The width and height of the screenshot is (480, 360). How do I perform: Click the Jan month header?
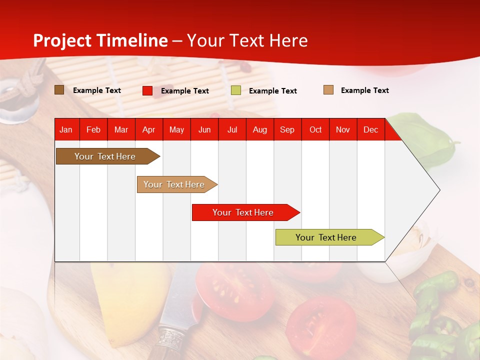[66, 129]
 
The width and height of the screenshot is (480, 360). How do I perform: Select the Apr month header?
[149, 129]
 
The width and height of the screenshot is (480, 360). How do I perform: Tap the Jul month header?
[232, 129]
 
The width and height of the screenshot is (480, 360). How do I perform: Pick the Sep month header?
[287, 129]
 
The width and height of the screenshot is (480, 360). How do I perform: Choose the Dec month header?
[370, 129]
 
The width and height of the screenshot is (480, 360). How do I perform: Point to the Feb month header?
[93, 129]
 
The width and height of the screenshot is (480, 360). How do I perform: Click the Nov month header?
[343, 129]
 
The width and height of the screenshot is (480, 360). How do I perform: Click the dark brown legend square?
[59, 90]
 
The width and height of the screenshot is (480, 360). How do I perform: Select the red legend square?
[147, 90]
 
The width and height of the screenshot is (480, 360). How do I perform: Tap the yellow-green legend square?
[236, 90]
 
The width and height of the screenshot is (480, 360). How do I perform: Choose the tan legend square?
[328, 90]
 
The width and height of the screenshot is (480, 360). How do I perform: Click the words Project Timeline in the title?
[100, 40]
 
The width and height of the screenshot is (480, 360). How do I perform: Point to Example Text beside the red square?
[185, 91]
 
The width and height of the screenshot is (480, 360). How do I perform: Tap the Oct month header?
[315, 129]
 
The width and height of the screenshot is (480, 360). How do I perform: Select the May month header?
[176, 129]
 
